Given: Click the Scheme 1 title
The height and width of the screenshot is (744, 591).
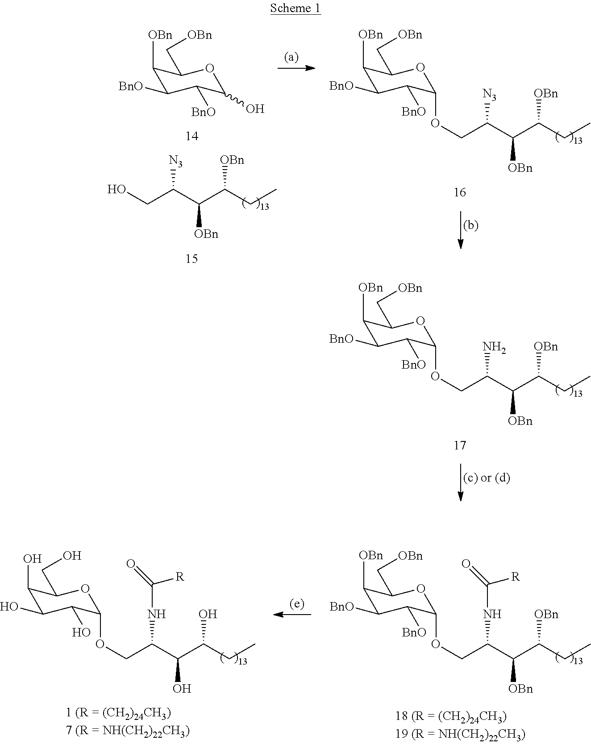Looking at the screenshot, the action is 295,8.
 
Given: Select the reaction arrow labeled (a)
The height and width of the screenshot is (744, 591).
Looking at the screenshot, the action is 296,68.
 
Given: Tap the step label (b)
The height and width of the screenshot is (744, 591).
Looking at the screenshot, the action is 470,225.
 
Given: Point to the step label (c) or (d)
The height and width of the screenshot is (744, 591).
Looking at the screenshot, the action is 487,478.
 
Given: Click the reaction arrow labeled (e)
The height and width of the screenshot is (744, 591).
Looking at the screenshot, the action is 292,615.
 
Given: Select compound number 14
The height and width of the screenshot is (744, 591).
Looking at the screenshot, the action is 192,136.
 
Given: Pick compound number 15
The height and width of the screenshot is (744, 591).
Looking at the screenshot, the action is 192,258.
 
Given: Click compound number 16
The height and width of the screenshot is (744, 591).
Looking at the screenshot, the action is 460,192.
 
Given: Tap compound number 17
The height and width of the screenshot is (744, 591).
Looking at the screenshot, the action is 460,445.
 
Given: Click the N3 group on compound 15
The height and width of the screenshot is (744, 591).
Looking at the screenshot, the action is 175,161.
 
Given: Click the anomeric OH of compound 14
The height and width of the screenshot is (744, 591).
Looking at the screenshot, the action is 255,108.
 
